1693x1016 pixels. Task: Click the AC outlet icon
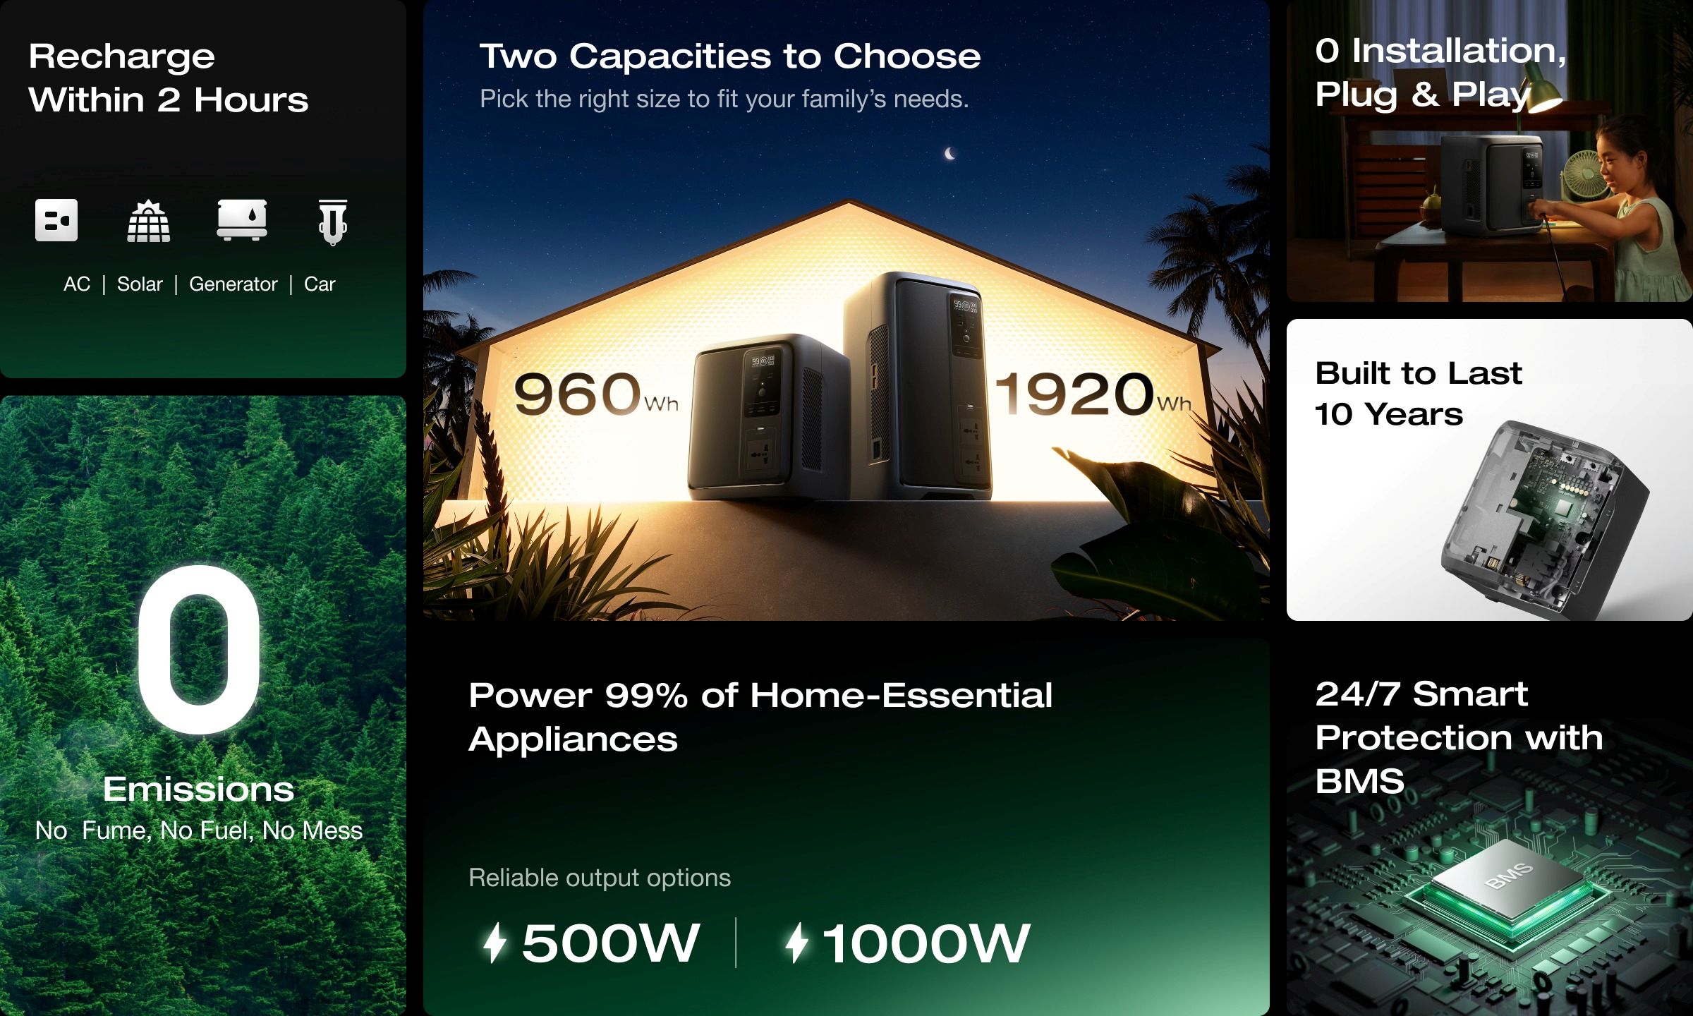[56, 220]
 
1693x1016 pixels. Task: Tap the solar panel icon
[149, 222]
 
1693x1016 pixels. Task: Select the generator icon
[242, 220]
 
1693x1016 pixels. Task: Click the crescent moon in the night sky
[950, 153]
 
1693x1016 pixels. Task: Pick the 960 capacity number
[576, 394]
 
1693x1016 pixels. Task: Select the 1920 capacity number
[1074, 394]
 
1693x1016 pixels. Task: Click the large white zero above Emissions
[198, 649]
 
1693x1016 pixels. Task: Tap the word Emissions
[198, 789]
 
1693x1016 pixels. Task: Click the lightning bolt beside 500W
[495, 943]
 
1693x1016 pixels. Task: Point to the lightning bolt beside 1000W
[797, 943]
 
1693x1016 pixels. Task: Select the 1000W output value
[926, 943]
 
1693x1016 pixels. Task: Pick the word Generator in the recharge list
[233, 284]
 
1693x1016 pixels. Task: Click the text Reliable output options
[600, 878]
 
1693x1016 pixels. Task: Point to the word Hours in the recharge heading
[251, 100]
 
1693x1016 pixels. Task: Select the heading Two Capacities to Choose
[730, 56]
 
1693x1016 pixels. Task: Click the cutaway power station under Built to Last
[1545, 515]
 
